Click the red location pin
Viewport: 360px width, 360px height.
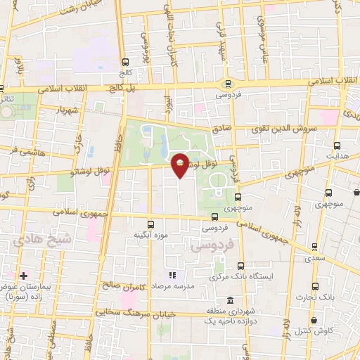pos(180,165)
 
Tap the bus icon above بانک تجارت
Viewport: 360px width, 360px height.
pos(314,286)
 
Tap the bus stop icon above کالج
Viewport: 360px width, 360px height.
pos(126,61)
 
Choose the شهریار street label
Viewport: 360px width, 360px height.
pos(70,110)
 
